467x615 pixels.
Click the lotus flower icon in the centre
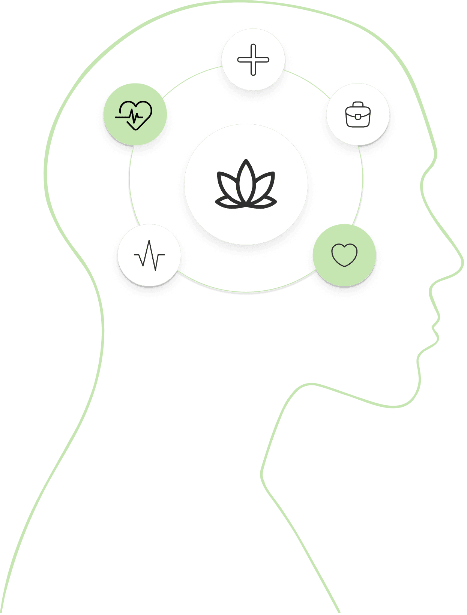pos(246,184)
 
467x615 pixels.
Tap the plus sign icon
pos(253,60)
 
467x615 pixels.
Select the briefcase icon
pos(357,115)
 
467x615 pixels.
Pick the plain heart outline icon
pos(344,255)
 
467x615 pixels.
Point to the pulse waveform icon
pos(149,255)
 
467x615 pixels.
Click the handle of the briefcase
pos(358,104)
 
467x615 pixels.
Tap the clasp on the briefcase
pos(358,116)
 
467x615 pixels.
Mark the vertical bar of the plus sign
pos(253,60)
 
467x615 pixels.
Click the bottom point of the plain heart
pos(344,266)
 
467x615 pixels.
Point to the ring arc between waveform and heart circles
pos(246,291)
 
